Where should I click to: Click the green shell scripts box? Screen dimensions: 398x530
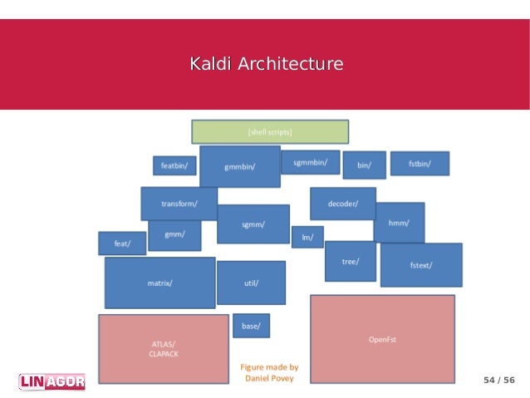[x=270, y=131]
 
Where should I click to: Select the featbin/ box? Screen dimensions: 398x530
[x=174, y=165]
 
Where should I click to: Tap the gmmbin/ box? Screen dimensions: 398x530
[x=239, y=166]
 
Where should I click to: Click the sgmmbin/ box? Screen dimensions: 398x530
[x=310, y=162]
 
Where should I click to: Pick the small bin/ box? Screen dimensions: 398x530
[x=364, y=165]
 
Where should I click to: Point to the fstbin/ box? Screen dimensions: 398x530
[x=420, y=164]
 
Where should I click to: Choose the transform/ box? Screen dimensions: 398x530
[x=179, y=204]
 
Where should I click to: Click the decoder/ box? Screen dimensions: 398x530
[x=342, y=204]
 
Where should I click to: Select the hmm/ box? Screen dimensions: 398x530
[x=399, y=222]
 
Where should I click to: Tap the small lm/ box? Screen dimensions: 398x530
[x=307, y=237]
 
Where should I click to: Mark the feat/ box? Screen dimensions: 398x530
[x=122, y=243]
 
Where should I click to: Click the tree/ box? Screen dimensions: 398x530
[x=350, y=261]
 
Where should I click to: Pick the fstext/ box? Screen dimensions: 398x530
[x=421, y=265]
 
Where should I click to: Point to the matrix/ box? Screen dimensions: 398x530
[x=159, y=283]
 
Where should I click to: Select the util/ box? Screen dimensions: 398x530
[x=251, y=283]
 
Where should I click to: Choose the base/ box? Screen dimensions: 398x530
[x=251, y=326]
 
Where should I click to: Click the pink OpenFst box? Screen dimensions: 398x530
[x=382, y=338]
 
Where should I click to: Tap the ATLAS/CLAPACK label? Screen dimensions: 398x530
[x=163, y=349]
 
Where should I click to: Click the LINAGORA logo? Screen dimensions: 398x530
[x=52, y=381]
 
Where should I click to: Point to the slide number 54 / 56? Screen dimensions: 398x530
[x=498, y=380]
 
